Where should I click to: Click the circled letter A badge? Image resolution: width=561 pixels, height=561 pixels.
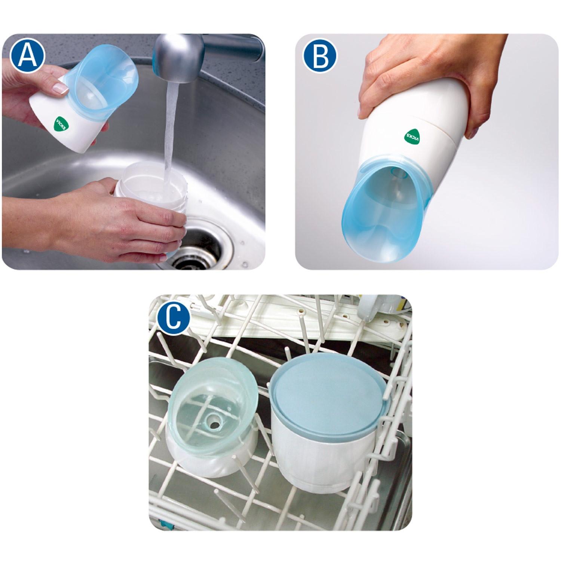point(27,56)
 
